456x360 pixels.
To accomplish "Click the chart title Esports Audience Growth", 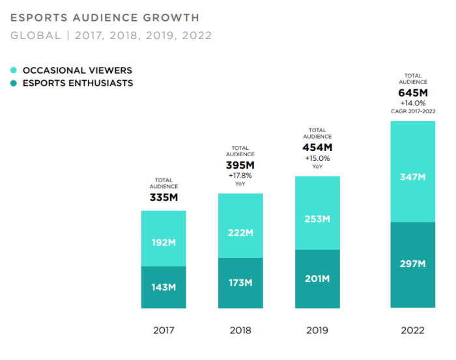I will [105, 18].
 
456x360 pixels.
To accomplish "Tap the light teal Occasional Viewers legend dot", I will [14, 70].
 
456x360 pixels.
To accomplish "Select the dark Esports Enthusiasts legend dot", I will [14, 83].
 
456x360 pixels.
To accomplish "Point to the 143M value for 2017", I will [164, 287].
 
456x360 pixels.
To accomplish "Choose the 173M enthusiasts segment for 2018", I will [240, 283].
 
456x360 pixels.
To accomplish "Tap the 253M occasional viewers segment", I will [317, 219].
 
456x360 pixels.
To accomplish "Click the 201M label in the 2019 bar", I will [317, 279].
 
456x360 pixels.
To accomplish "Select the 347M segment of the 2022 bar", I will [412, 178].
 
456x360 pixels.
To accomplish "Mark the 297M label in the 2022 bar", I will [412, 264].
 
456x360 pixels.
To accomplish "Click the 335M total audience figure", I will [164, 197].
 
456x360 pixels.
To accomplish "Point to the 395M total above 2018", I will [240, 165].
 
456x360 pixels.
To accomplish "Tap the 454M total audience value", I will [317, 147].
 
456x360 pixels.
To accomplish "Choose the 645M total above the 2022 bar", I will [412, 92].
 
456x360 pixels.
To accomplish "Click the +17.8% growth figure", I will [240, 175].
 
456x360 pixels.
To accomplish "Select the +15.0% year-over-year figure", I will [317, 158].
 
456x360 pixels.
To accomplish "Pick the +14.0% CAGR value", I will [412, 103].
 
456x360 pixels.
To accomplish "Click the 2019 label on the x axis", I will [317, 330].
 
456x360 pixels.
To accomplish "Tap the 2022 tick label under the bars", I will [412, 330].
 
